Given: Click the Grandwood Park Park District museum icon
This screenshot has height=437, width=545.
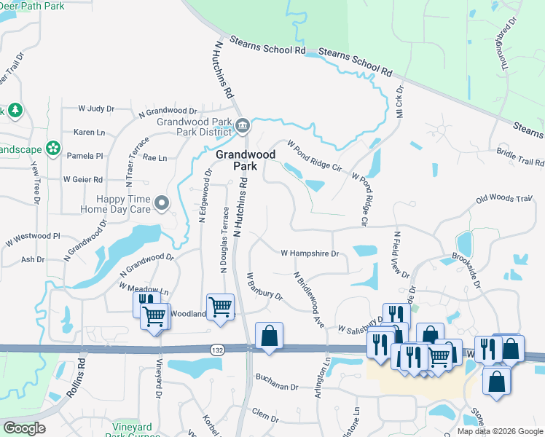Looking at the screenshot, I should (x=243, y=126).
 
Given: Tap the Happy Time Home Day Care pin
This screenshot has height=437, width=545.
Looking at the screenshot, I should (x=161, y=202).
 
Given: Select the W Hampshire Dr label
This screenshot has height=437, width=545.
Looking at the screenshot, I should (x=310, y=253).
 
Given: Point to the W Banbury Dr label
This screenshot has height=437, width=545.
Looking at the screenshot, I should (x=264, y=286).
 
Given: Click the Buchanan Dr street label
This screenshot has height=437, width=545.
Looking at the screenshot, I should (x=277, y=377).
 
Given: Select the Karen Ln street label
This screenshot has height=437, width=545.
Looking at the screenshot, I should (x=90, y=133).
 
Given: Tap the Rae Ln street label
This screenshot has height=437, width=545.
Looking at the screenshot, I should (x=155, y=157).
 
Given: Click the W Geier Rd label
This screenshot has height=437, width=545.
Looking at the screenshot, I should (x=82, y=179).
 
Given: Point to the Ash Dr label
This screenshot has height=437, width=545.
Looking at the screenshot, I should (x=33, y=259).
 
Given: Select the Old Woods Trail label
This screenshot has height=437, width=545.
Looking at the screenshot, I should (x=504, y=198).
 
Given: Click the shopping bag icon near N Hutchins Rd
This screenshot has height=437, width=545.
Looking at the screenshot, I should (x=270, y=337).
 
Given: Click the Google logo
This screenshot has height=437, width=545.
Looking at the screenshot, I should (x=25, y=428).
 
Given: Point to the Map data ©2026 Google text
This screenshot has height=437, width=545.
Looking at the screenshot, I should (x=499, y=431).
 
